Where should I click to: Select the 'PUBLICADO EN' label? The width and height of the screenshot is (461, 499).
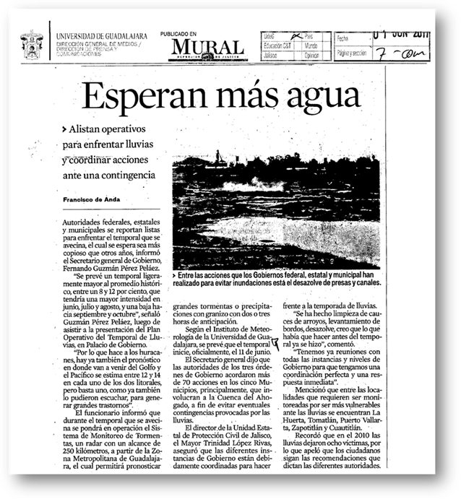click(x=178, y=34)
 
